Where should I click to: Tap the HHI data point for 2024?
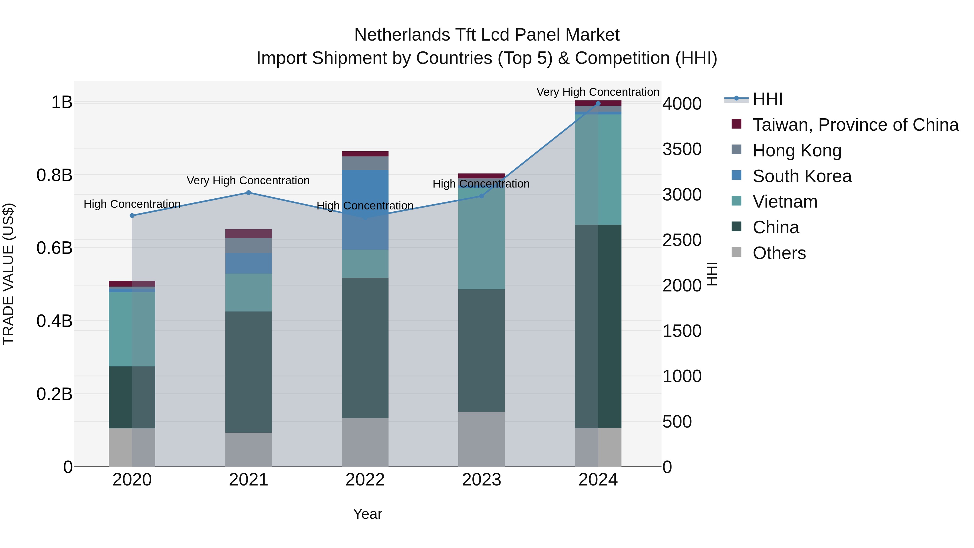pos(598,104)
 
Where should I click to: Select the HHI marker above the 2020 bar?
pos(132,216)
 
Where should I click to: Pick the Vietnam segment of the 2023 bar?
pos(481,238)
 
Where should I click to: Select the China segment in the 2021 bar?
pos(248,372)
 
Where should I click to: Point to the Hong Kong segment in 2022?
pos(365,163)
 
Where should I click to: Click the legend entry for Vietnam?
pos(785,202)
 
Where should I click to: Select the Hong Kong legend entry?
pos(797,150)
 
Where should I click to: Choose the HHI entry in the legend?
pos(767,99)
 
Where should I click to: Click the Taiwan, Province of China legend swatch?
pos(736,124)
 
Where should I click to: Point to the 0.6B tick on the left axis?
pos(54,248)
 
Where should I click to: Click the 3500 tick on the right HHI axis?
pos(682,149)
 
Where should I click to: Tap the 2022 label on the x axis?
pos(365,480)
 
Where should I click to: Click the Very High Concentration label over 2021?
pos(248,181)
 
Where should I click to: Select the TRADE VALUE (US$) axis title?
pos(8,274)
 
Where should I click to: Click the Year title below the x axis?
pos(367,514)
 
